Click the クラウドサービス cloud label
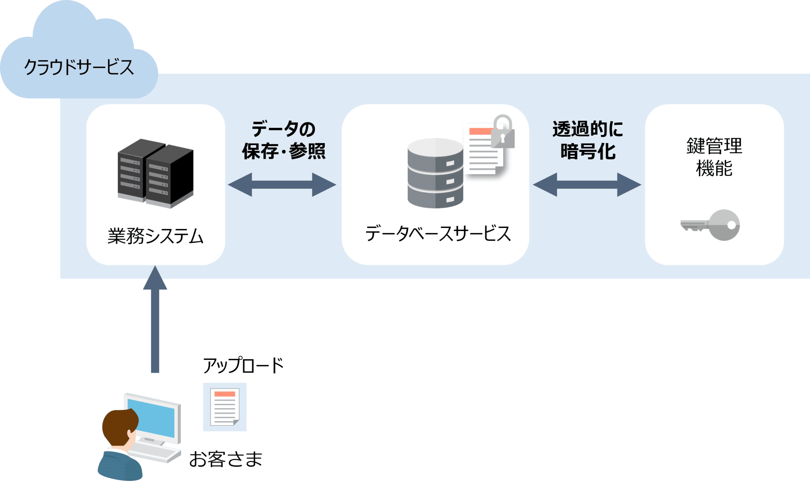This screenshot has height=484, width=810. (x=79, y=67)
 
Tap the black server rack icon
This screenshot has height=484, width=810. (x=156, y=174)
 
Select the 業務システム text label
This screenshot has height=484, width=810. (x=156, y=236)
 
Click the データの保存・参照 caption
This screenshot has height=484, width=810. (x=283, y=140)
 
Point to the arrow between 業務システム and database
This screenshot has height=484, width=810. (x=282, y=185)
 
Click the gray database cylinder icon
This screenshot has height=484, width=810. (x=435, y=174)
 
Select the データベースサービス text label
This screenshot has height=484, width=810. (x=438, y=233)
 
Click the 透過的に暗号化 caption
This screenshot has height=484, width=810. (x=588, y=140)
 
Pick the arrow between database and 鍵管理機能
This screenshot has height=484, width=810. (x=587, y=185)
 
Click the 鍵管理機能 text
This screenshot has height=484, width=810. (x=714, y=157)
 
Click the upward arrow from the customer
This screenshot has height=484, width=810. (x=155, y=321)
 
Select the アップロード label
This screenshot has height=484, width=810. (x=243, y=365)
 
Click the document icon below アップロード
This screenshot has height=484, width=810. (x=225, y=407)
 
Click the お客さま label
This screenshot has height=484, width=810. (x=225, y=459)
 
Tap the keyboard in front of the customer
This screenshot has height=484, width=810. (x=157, y=452)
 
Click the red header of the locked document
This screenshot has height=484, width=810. (x=480, y=131)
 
